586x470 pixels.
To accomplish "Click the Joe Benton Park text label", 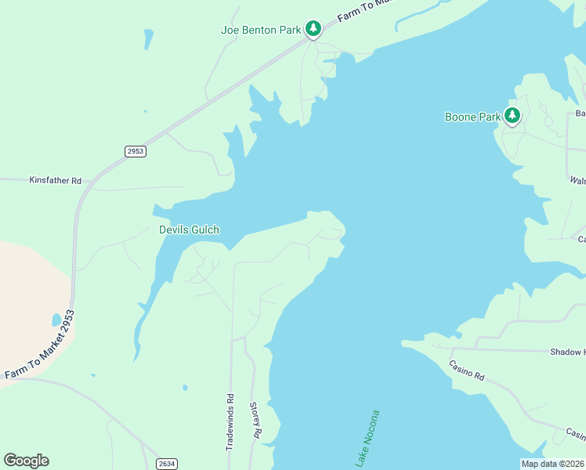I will [x=261, y=31].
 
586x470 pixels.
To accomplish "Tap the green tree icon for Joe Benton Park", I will [x=313, y=29].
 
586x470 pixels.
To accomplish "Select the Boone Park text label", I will [x=472, y=117].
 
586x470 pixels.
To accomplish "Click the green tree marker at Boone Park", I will [x=512, y=116].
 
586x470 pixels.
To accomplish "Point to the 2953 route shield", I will [x=135, y=151].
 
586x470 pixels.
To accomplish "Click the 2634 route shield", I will [x=166, y=464].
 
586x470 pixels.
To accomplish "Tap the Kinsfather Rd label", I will [x=55, y=180].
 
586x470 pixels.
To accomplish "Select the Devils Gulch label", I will [x=189, y=230].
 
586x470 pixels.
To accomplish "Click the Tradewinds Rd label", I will [x=230, y=421].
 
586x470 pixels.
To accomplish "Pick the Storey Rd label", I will [x=255, y=421].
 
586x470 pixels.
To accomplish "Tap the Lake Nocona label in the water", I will [x=367, y=439].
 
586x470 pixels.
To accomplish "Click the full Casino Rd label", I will [x=467, y=371].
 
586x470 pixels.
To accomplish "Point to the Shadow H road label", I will [x=567, y=352].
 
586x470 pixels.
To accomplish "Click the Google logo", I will [x=26, y=461].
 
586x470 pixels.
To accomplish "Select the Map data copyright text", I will [x=552, y=464].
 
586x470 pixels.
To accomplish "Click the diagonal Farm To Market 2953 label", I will [x=39, y=346].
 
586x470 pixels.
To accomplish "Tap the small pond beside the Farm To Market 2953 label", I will [x=56, y=320].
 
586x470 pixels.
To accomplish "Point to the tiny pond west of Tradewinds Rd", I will [x=185, y=387].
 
